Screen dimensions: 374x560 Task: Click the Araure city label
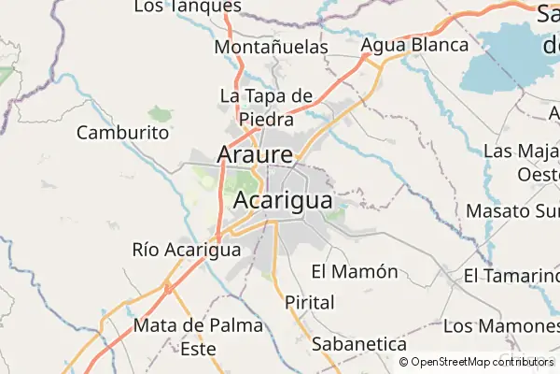click(255, 153)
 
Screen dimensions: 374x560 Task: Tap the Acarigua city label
click(282, 200)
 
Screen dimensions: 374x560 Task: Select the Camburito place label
click(122, 133)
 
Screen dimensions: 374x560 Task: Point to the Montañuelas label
click(271, 47)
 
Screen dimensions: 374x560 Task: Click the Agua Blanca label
click(413, 45)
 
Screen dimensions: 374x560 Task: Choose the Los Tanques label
click(187, 7)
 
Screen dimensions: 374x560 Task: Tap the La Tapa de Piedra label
click(265, 108)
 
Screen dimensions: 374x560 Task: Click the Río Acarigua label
click(187, 250)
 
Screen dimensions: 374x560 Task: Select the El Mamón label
click(354, 272)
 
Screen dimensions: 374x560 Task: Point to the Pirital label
click(309, 303)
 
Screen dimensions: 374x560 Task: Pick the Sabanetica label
click(359, 344)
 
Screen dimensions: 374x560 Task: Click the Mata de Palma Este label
click(198, 337)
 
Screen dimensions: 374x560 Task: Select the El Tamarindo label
click(511, 276)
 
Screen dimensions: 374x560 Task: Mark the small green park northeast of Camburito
click(161, 114)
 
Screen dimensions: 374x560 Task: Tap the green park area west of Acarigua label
click(245, 180)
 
